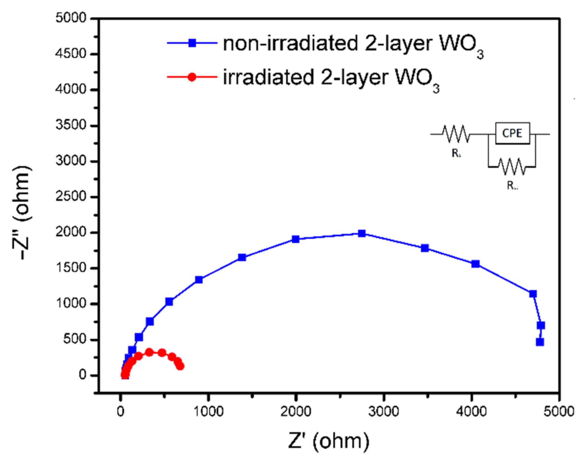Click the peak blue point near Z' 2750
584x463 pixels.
click(x=361, y=233)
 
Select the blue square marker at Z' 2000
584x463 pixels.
click(x=295, y=239)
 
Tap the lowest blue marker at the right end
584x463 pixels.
click(x=540, y=342)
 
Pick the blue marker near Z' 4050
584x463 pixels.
click(x=475, y=264)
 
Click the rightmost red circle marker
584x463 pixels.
click(x=180, y=366)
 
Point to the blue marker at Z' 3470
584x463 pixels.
click(x=424, y=248)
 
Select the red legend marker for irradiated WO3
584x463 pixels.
click(x=192, y=77)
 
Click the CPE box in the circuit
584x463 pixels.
click(x=512, y=133)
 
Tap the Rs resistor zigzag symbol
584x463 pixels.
click(x=456, y=134)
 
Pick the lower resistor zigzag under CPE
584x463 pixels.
click(x=512, y=167)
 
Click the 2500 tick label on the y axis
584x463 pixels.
click(x=71, y=196)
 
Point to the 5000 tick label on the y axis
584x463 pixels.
click(x=71, y=18)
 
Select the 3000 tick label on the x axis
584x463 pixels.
click(x=383, y=411)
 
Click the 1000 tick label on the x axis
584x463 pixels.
click(x=208, y=411)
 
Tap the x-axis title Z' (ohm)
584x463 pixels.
click(x=329, y=441)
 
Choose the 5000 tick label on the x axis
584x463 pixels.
click(x=558, y=411)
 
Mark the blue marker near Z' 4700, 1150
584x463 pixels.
click(x=533, y=294)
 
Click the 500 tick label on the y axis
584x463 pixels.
click(x=75, y=339)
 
